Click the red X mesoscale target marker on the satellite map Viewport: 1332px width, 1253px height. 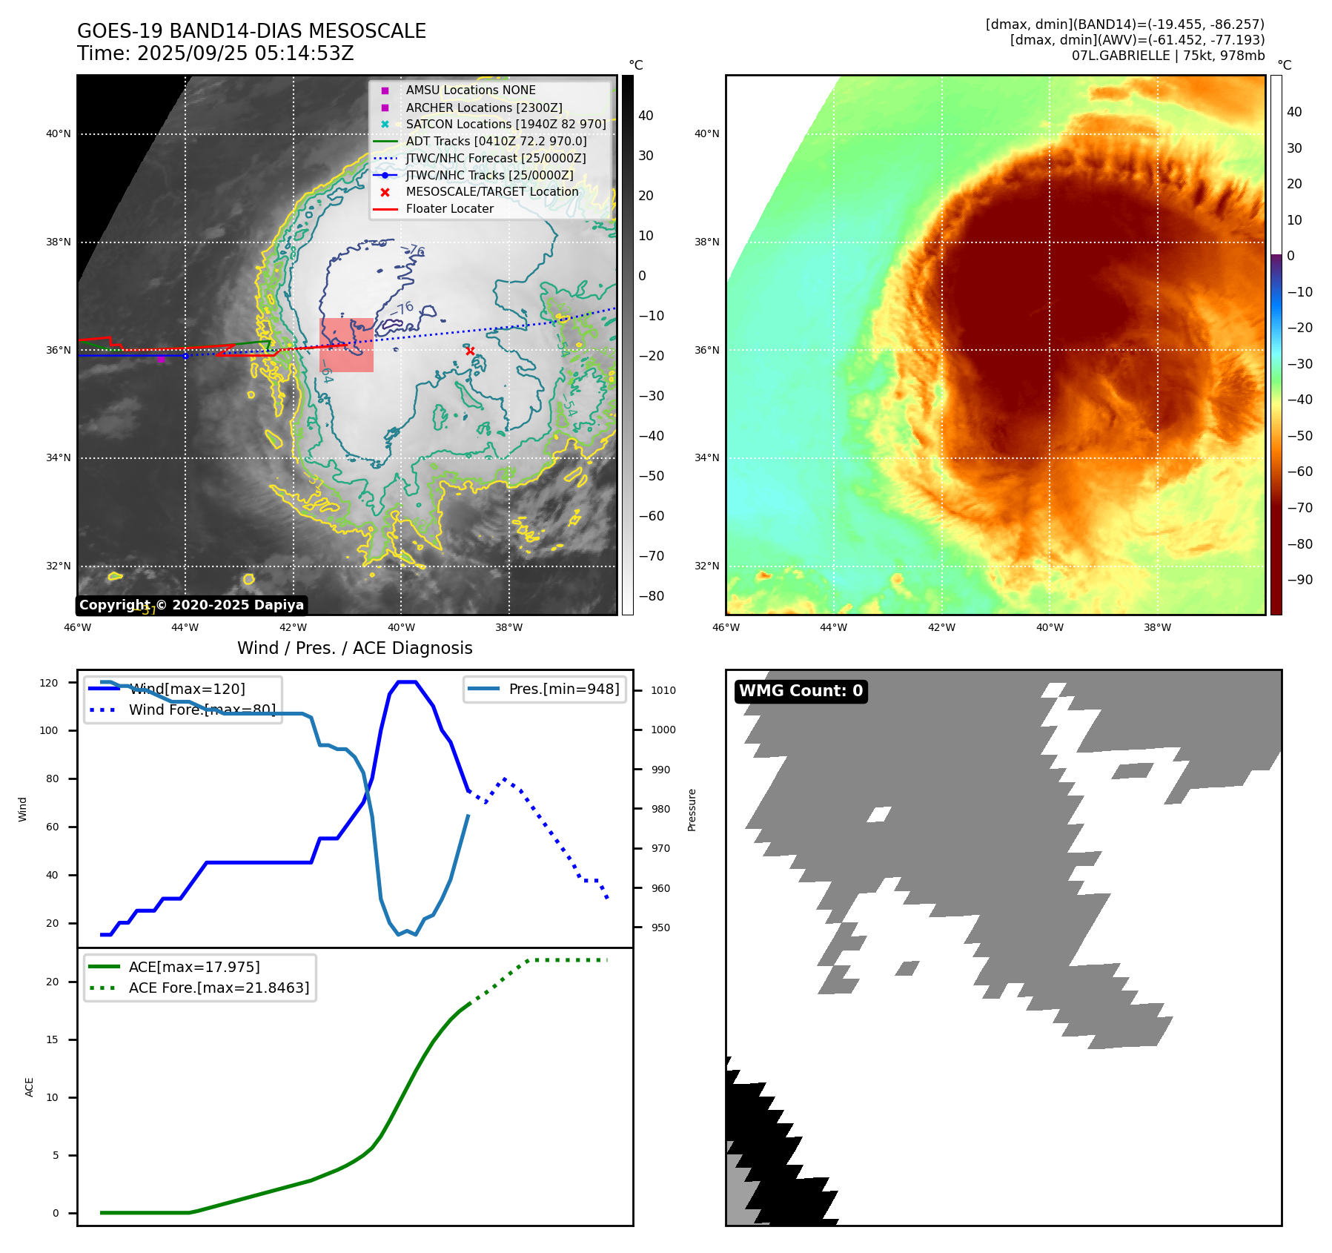(470, 351)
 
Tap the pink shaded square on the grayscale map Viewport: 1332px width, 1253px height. (346, 345)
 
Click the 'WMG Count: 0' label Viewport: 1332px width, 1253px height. (801, 691)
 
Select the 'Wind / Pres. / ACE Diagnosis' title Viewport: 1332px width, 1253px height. (354, 648)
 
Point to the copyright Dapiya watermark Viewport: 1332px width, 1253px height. (191, 605)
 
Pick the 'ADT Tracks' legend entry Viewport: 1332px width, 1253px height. (496, 141)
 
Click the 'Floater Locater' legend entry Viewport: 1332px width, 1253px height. (449, 209)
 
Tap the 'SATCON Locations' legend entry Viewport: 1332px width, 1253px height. (506, 124)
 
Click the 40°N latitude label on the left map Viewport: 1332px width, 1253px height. (59, 134)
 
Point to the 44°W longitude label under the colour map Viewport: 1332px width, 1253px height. (833, 627)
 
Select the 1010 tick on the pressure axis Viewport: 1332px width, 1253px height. (663, 690)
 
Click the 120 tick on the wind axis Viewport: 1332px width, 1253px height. (49, 683)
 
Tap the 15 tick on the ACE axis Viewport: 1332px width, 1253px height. (52, 1039)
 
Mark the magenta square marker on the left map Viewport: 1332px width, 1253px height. (161, 360)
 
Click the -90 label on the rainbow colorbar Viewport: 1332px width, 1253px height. (1299, 580)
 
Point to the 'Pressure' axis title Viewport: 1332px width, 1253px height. (692, 810)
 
